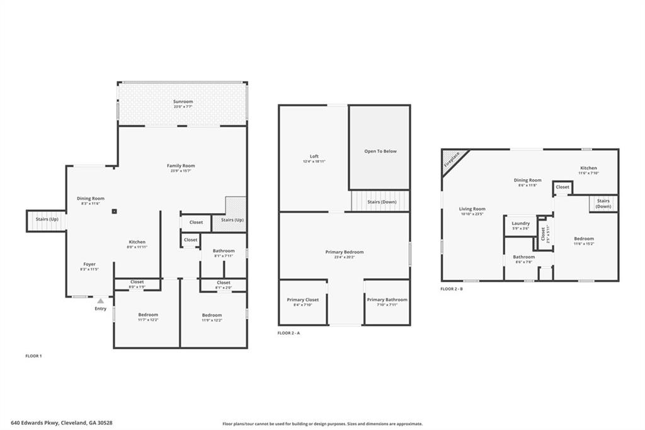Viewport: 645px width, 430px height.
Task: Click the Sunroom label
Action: (183, 102)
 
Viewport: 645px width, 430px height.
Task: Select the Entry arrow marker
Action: (100, 301)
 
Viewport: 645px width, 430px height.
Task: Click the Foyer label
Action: (90, 264)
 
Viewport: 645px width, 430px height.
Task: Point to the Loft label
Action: (314, 156)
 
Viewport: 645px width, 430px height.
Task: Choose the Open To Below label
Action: (380, 151)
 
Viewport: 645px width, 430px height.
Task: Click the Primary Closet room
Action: (303, 302)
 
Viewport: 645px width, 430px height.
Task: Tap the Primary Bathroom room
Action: (387, 302)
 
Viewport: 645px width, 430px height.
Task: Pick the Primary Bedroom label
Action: (344, 252)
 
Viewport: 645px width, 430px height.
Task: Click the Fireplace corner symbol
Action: (453, 160)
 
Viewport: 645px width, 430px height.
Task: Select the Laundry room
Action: (520, 225)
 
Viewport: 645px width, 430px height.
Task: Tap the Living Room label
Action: (472, 209)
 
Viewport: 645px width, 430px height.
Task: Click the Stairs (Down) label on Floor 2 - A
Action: (381, 202)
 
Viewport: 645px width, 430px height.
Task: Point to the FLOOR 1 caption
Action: (33, 356)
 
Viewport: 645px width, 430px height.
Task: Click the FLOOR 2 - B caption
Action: (452, 289)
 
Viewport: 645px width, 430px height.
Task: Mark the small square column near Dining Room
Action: (114, 212)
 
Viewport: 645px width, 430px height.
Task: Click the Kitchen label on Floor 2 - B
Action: (588, 168)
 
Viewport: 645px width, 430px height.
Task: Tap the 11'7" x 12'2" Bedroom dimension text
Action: (149, 320)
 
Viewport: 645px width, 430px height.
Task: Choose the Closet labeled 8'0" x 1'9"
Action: (137, 284)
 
